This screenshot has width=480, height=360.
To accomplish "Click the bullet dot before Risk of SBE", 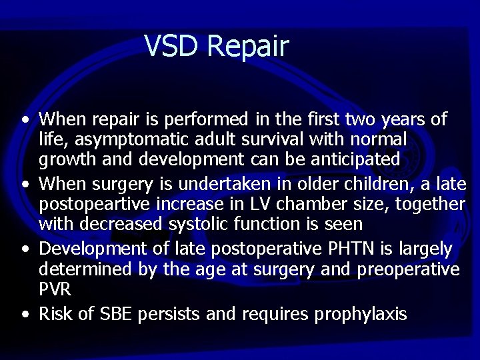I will click(x=25, y=315).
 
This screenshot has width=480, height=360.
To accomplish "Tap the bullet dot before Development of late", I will click(x=25, y=250).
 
